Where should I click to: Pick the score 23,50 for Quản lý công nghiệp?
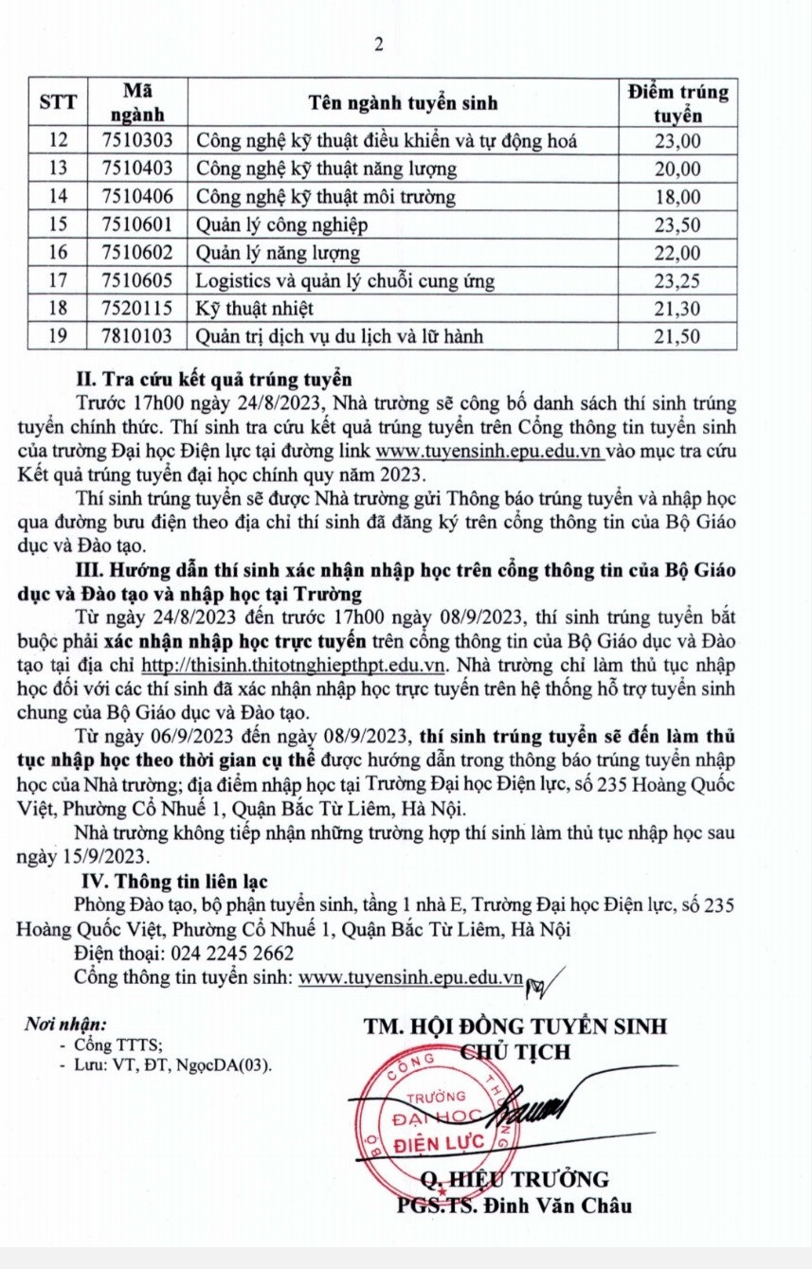(678, 225)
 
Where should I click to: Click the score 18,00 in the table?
(678, 197)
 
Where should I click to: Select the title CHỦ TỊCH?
(515, 1051)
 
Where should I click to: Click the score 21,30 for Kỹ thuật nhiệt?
(678, 309)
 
